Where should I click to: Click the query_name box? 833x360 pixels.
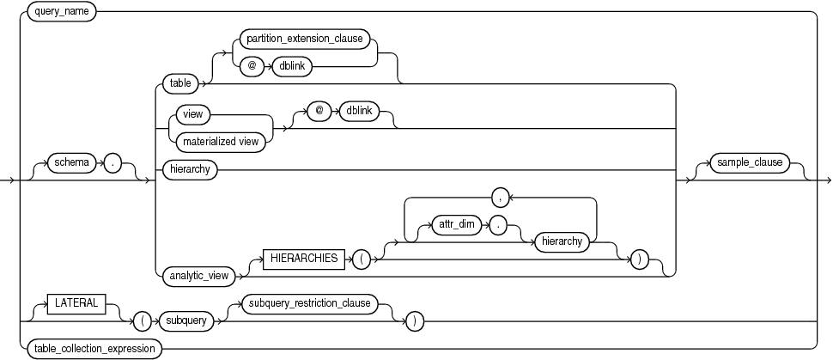(62, 13)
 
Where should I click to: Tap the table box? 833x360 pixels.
(179, 83)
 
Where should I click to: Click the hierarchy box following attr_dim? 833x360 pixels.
(561, 243)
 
